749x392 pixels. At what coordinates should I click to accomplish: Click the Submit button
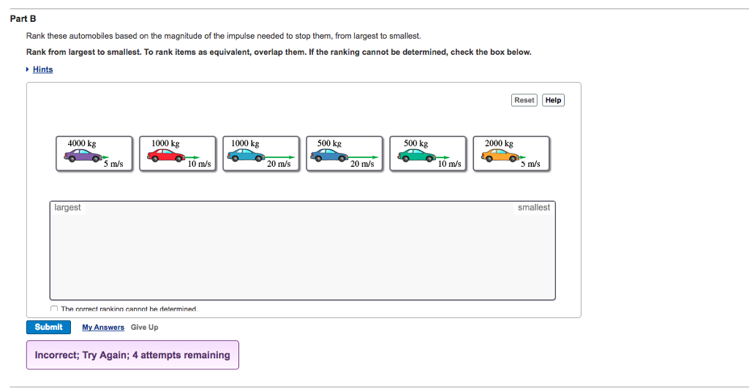48,327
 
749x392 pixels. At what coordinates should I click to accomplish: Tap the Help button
554,100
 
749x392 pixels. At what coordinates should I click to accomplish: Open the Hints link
42,69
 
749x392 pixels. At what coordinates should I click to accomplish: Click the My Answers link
103,327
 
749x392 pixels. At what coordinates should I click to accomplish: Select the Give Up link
144,327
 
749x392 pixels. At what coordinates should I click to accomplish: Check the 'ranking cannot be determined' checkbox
54,309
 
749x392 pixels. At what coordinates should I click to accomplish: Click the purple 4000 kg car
85,156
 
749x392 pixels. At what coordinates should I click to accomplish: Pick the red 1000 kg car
167,156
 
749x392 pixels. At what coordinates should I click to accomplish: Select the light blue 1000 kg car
249,156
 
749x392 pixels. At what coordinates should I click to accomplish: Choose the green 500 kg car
417,156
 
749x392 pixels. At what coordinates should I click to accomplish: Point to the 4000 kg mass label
82,143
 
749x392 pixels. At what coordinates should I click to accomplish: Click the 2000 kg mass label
499,143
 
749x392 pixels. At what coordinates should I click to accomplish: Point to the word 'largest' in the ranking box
67,208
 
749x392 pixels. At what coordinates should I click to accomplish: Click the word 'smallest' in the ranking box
533,208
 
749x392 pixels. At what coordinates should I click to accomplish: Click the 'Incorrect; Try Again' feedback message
132,355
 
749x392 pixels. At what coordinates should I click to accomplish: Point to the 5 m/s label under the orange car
531,164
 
